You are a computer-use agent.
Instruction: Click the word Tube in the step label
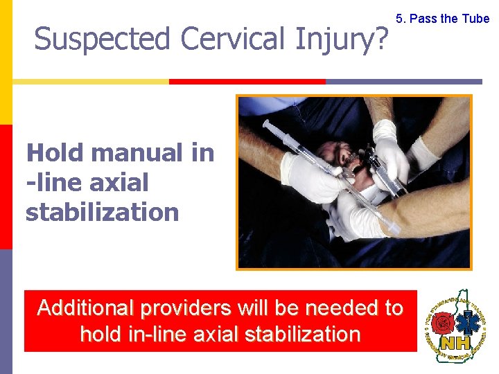coord(475,19)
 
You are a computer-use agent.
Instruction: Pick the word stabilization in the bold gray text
coord(102,212)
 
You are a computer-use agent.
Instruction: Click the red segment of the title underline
coord(247,82)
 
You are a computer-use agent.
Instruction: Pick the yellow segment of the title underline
coord(90,82)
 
